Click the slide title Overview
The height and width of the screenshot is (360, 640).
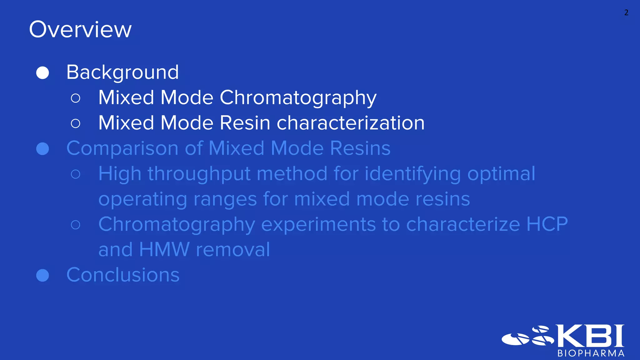tap(80, 30)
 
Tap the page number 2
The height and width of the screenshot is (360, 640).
tap(626, 12)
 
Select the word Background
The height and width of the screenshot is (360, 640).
tap(122, 72)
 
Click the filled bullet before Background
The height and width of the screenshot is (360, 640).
tap(42, 73)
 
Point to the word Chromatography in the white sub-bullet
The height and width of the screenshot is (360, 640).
tap(298, 98)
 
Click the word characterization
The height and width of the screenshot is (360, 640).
tap(350, 123)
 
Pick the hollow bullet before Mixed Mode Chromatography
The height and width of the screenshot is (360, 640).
tap(76, 98)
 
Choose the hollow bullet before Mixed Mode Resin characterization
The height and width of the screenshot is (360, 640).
tap(76, 123)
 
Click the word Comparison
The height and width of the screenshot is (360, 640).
tap(122, 148)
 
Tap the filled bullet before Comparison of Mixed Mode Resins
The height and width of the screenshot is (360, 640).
tap(42, 149)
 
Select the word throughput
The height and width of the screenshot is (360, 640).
tap(199, 174)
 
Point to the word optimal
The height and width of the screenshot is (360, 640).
tap(501, 174)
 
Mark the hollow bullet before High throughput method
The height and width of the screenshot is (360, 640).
tap(76, 174)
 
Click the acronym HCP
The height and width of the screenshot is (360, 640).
tap(547, 224)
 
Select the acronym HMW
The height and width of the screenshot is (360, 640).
tap(164, 250)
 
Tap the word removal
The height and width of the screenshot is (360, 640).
tap(233, 250)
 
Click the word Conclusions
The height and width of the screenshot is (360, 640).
tap(123, 275)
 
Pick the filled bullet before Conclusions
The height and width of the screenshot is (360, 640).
tap(42, 275)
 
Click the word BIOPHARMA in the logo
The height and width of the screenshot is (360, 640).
tap(591, 353)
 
